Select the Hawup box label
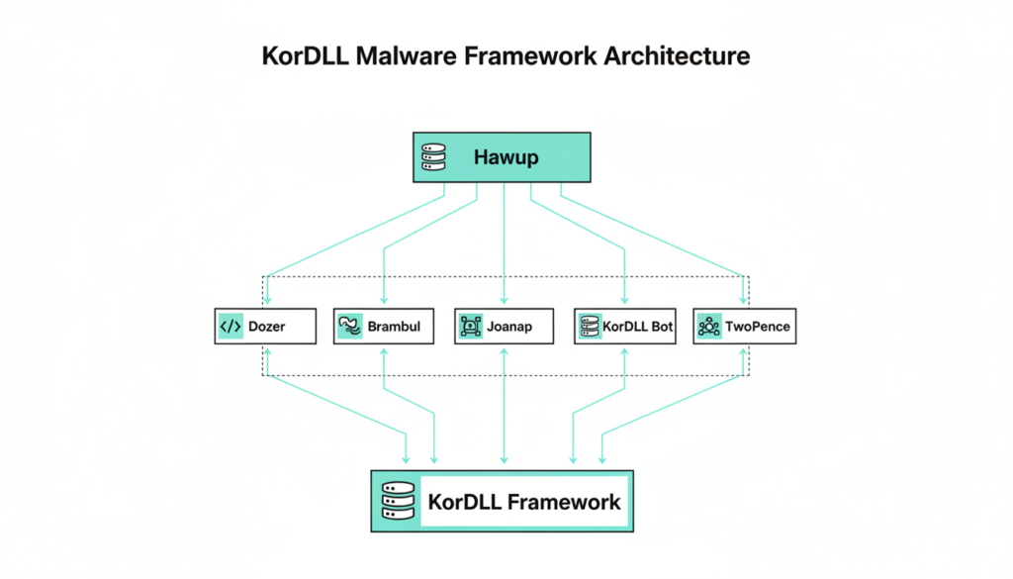[506, 157]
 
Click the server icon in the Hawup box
[435, 157]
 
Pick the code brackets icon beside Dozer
[230, 326]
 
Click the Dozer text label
[267, 326]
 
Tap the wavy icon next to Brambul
[349, 326]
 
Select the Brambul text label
[393, 326]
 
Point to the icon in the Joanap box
[470, 326]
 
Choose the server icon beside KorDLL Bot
[590, 326]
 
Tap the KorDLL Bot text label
[639, 326]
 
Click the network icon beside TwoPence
[708, 326]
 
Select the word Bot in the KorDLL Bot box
[662, 326]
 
